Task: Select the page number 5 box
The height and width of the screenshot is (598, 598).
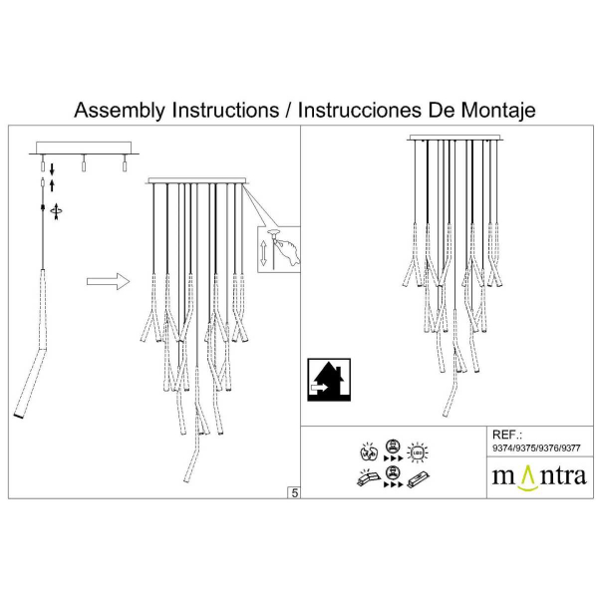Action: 294,491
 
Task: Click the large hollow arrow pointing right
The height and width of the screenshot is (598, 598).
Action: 109,282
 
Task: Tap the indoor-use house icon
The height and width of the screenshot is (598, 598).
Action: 326,378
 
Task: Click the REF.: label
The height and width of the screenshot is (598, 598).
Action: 508,436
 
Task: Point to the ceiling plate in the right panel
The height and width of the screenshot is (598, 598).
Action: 454,138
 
